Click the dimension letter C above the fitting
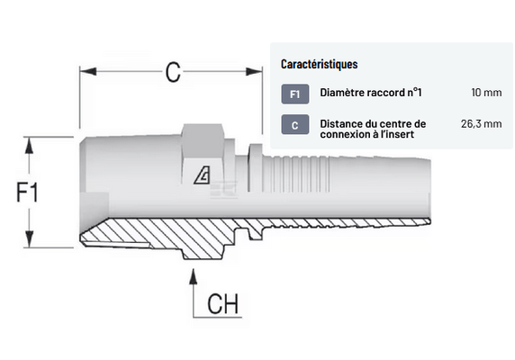click(173, 72)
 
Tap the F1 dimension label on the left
click(27, 192)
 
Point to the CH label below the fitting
click(222, 303)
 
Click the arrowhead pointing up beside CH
click(194, 276)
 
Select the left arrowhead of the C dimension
click(87, 71)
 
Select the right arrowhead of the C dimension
click(254, 71)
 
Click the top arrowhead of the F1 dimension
click(30, 145)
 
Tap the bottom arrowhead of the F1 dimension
click(30, 239)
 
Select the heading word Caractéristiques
click(319, 64)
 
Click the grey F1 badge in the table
click(295, 94)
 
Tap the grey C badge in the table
click(295, 125)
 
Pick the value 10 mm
click(486, 93)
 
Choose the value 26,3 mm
click(481, 123)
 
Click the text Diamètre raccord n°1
click(371, 93)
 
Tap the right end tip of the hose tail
click(430, 190)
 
